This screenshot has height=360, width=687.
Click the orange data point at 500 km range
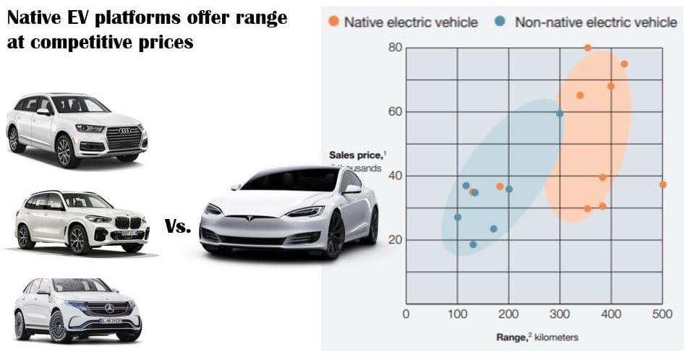click(x=662, y=184)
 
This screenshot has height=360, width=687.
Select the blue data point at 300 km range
click(x=560, y=113)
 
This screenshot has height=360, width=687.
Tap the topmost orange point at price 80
click(x=587, y=48)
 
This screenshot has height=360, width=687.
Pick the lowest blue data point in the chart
click(x=473, y=244)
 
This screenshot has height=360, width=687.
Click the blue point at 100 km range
click(x=457, y=217)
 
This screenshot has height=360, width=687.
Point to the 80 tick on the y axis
click(x=394, y=48)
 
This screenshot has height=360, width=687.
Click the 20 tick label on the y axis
click(x=394, y=240)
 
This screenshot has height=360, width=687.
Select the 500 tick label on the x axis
click(x=662, y=314)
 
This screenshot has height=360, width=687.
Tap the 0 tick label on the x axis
click(x=405, y=314)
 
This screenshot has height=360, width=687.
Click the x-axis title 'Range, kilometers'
click(x=537, y=338)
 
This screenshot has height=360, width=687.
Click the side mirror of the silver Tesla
click(x=352, y=189)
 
